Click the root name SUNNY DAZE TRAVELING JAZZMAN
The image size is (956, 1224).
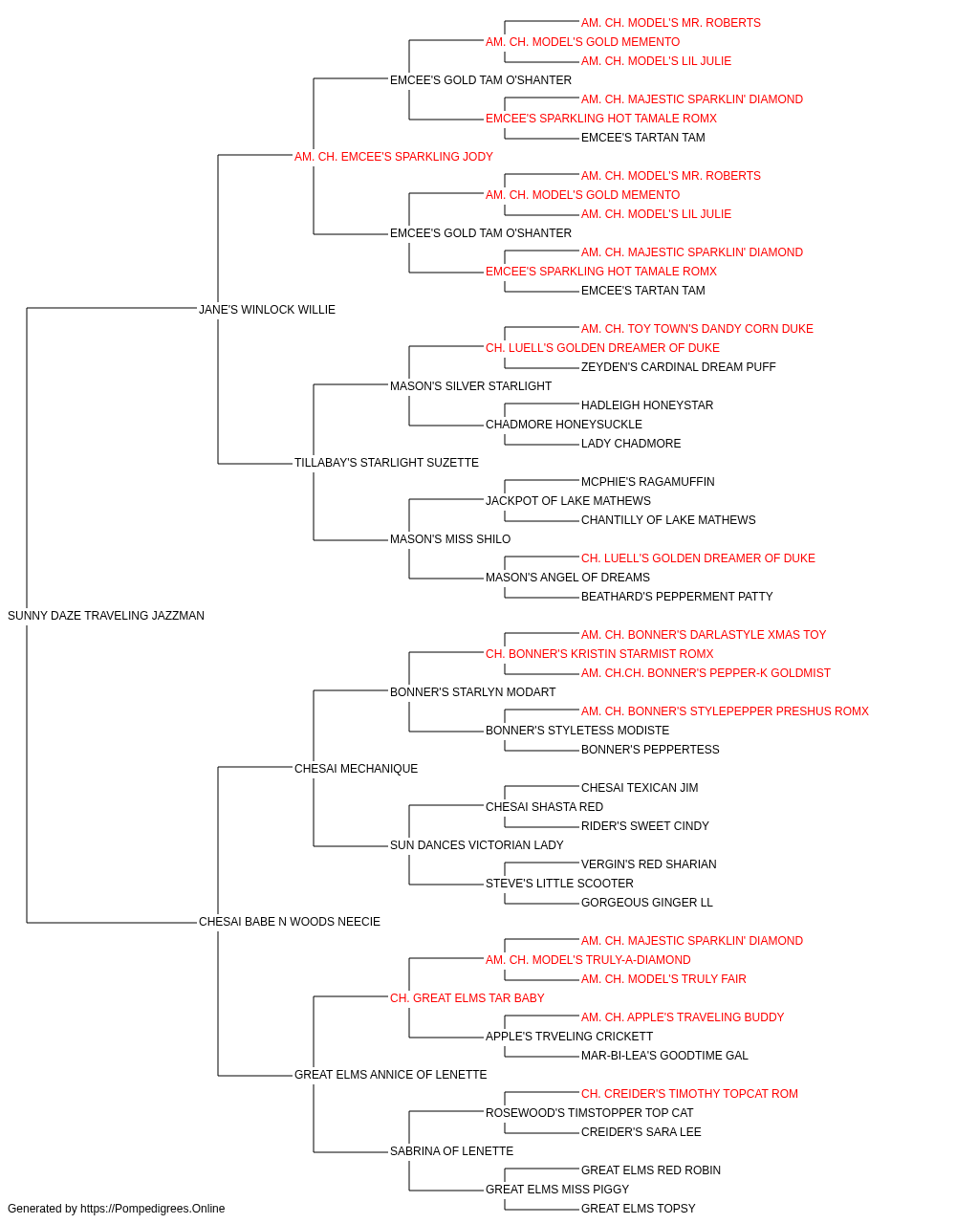click(106, 616)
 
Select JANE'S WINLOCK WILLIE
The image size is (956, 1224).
click(267, 309)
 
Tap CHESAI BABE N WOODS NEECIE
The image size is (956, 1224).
click(290, 922)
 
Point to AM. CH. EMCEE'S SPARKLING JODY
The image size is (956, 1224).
click(394, 157)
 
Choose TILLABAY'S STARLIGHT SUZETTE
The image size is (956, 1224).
click(386, 463)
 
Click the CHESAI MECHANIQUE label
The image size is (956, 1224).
click(356, 768)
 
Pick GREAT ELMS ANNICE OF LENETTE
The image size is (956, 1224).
click(390, 1074)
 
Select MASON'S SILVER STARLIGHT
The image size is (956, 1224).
click(470, 385)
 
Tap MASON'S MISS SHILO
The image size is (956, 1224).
click(450, 539)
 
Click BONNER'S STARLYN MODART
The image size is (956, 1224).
click(473, 691)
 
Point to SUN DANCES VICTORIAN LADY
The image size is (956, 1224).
click(477, 845)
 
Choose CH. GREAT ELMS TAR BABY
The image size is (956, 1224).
click(467, 998)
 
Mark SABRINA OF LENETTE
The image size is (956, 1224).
click(451, 1150)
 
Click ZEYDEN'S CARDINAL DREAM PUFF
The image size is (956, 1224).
click(679, 366)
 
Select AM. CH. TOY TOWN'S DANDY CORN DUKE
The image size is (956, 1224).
click(697, 328)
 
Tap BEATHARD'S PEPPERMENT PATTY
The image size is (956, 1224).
click(677, 597)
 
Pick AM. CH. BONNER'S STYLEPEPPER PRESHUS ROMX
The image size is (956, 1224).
click(725, 710)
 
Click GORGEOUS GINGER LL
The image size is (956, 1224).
click(647, 903)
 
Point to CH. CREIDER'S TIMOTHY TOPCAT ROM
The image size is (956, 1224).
click(689, 1093)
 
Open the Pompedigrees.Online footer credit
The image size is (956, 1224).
click(116, 1209)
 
